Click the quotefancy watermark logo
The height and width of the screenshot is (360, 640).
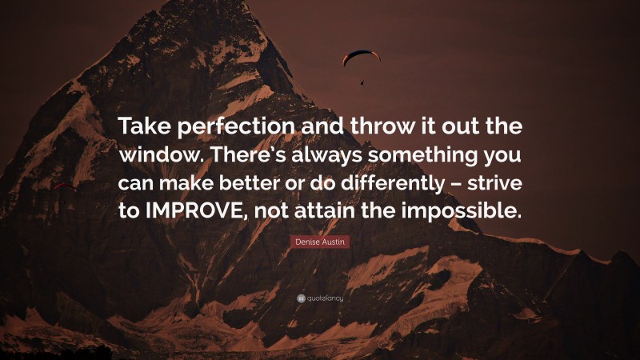pos(320,298)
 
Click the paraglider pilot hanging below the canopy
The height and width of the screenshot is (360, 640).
pos(362,80)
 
